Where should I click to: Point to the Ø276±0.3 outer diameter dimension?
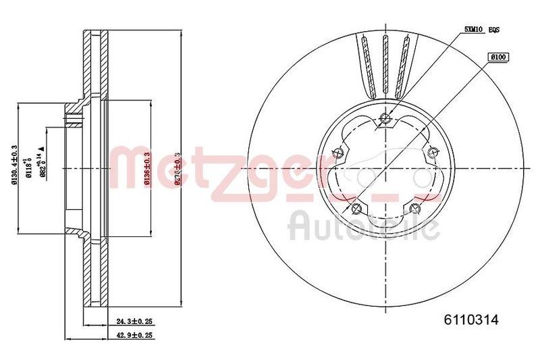point(178,166)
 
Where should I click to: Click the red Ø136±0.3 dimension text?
point(147,166)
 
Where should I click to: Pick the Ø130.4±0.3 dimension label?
point(15,166)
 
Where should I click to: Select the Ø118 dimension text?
point(29,166)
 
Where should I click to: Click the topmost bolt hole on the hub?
point(385,120)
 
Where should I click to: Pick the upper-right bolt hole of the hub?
point(431,153)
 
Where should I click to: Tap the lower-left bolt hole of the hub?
point(356,207)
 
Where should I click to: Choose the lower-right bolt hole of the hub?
point(413,207)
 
